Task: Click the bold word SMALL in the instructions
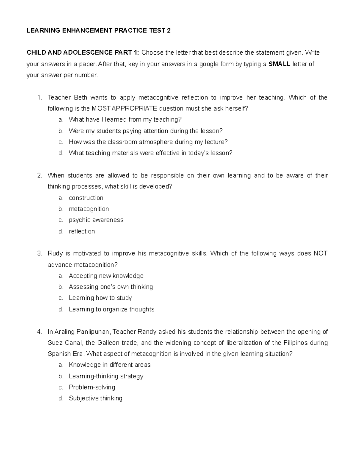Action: point(279,64)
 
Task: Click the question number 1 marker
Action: point(39,98)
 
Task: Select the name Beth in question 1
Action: point(80,98)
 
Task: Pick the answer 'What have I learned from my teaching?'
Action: point(125,120)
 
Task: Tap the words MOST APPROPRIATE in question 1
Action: point(124,109)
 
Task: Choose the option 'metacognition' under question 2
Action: point(89,209)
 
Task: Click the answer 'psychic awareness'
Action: point(96,220)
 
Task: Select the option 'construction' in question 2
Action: point(86,198)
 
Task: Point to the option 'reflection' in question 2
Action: point(82,231)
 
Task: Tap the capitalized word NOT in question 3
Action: point(320,254)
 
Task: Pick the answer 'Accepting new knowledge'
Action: point(106,276)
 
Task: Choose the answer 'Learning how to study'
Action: point(100,298)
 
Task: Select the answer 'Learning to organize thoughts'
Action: point(112,309)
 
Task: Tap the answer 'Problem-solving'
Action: point(92,387)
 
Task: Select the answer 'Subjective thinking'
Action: point(96,398)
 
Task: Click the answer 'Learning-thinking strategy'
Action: point(106,376)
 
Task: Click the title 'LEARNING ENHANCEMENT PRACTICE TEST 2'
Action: point(99,31)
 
